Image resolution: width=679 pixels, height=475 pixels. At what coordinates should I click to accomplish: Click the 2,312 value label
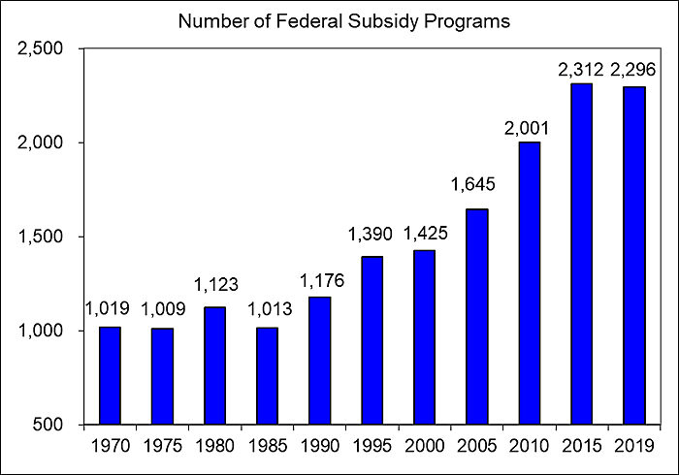click(x=581, y=70)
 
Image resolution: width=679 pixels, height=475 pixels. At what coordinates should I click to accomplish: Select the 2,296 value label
click(x=633, y=70)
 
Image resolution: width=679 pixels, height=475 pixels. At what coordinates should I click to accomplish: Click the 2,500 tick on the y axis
click(x=41, y=49)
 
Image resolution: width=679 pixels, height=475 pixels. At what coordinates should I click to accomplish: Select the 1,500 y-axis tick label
click(x=41, y=237)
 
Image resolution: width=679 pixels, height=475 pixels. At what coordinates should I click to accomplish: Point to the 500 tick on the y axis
click(x=50, y=426)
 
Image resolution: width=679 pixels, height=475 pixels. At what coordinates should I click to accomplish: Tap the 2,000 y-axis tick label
click(x=41, y=143)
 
